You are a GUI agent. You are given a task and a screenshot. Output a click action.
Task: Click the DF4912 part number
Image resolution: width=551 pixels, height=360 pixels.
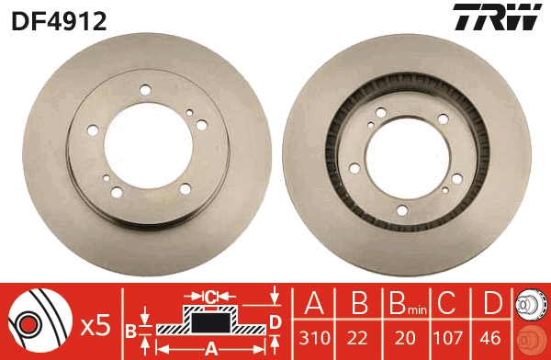tap(59, 20)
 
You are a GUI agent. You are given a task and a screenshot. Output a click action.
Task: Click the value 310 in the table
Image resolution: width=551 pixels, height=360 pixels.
tap(314, 338)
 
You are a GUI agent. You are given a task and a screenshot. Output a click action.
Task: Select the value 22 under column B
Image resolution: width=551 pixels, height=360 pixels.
tap(358, 338)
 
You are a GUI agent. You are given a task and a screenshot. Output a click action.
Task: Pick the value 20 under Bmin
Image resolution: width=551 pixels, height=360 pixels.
tap(405, 338)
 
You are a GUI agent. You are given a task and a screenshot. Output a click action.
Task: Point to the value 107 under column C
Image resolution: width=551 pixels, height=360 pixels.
tap(447, 338)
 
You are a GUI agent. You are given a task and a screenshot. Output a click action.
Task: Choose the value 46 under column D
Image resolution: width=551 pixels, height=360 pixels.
tap(490, 338)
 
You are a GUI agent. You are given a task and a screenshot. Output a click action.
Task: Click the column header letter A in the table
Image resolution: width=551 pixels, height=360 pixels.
tap(314, 303)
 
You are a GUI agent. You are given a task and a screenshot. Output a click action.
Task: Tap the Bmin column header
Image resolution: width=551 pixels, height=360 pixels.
tap(407, 304)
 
